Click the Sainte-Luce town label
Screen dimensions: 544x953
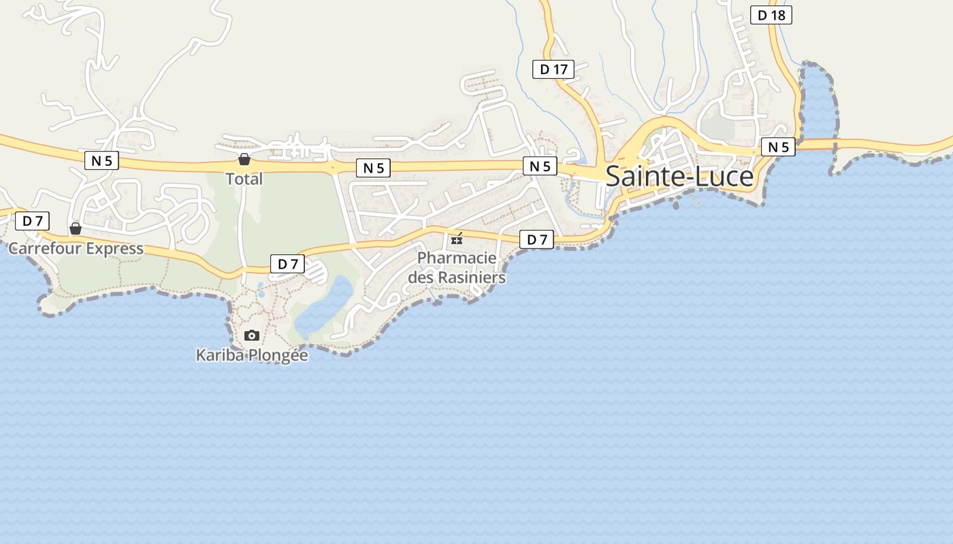[679, 177]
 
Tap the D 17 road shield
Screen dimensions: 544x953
[553, 69]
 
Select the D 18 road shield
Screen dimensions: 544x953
[771, 15]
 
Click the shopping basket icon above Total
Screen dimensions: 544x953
[244, 160]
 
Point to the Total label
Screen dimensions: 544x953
[244, 179]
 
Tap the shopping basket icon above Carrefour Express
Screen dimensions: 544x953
[76, 228]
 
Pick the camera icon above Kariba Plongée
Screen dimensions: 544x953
[252, 335]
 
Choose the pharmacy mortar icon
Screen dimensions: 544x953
[457, 239]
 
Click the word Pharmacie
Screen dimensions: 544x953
[457, 258]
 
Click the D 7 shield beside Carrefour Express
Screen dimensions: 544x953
[33, 221]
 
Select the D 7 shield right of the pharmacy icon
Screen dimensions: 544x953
[536, 239]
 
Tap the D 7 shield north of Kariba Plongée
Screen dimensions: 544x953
[287, 265]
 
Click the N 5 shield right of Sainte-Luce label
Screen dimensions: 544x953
[778, 147]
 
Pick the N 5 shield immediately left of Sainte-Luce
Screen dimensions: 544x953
[540, 166]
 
